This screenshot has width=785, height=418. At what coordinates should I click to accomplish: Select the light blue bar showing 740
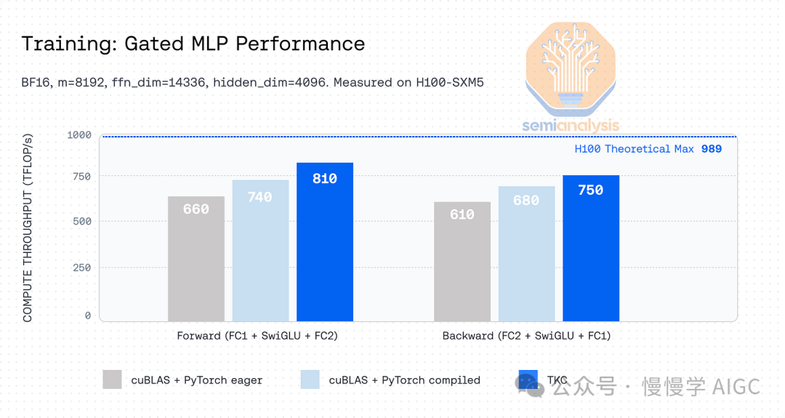(x=260, y=250)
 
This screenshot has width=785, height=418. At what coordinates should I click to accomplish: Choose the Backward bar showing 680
(x=526, y=254)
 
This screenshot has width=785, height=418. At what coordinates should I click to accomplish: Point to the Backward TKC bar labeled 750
(x=591, y=248)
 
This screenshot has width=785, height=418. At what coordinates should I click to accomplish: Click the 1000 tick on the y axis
(x=79, y=135)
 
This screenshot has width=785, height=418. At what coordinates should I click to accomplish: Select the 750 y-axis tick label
(x=82, y=177)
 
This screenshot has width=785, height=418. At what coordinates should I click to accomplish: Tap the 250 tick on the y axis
(x=82, y=268)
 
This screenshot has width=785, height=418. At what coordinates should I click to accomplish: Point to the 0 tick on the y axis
(x=88, y=315)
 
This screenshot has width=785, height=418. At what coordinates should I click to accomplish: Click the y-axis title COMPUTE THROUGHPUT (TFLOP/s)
(x=28, y=228)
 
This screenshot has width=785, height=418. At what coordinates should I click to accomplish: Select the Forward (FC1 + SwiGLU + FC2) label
(x=257, y=337)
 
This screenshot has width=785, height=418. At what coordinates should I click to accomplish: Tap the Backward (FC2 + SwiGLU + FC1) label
(x=526, y=337)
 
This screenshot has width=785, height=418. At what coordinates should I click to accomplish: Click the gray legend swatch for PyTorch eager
(x=112, y=379)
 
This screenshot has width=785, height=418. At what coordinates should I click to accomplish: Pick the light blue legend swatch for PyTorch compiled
(x=310, y=379)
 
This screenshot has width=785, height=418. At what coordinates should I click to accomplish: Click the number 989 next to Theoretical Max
(x=712, y=149)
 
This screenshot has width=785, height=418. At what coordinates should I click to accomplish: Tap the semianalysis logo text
(x=571, y=126)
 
